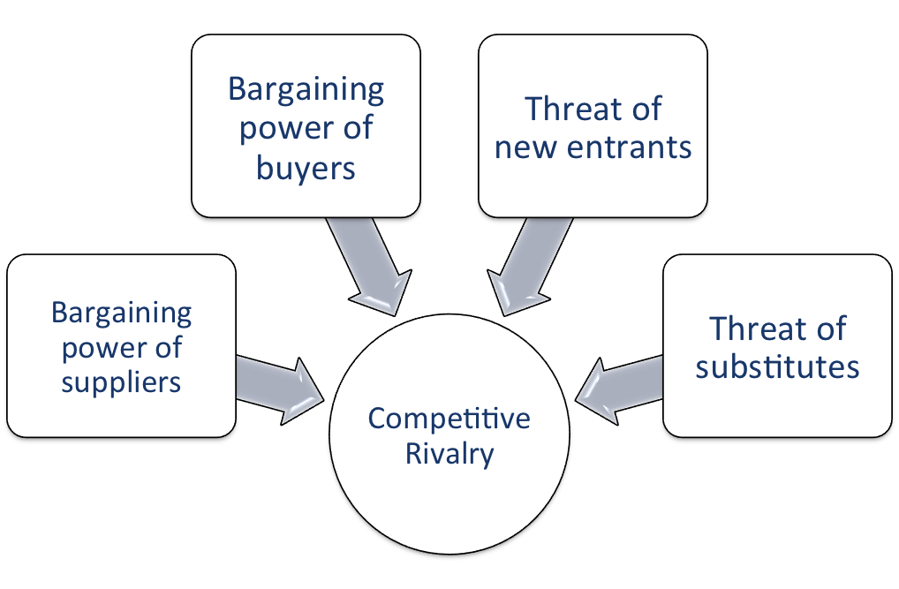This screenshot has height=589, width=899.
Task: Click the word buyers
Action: point(306,168)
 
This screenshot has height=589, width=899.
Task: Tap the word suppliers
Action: point(121,382)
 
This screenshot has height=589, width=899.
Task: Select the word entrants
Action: point(629,147)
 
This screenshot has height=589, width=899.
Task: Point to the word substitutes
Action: point(777,366)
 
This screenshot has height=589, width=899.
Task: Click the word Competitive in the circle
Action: point(449,418)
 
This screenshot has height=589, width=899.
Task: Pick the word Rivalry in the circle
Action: point(449,454)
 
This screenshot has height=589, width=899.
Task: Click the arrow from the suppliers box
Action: point(280,390)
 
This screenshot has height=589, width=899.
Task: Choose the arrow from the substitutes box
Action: point(619,390)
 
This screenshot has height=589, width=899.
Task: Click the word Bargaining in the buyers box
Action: point(306,90)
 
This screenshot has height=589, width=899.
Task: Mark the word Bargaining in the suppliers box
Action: point(122,313)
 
